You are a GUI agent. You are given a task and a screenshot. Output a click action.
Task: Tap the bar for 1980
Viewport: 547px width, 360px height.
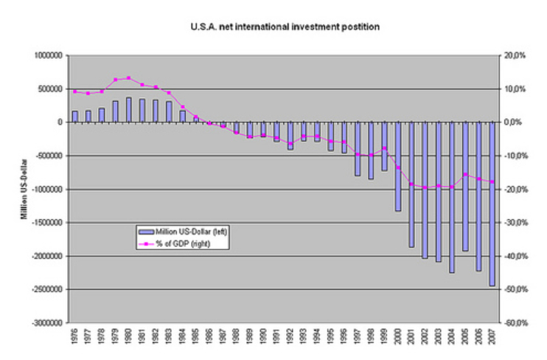(129, 110)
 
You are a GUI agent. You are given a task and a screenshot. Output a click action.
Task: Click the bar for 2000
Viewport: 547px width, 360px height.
(397, 166)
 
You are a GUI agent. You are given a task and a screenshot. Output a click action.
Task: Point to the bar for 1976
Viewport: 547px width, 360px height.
(75, 117)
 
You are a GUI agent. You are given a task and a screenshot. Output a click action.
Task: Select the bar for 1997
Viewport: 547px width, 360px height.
(357, 148)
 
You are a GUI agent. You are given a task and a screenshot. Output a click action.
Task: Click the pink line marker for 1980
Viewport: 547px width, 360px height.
(129, 77)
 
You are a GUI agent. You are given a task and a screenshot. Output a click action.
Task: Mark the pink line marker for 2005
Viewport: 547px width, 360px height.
(464, 174)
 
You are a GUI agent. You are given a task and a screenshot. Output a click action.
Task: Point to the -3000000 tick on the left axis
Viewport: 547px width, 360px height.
(46, 323)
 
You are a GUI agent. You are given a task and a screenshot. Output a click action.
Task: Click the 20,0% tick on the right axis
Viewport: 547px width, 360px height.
(514, 55)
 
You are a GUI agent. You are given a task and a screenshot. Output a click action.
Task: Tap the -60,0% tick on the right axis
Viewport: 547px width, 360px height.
(514, 323)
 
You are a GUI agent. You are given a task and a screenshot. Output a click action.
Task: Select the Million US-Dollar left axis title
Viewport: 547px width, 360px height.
(24, 189)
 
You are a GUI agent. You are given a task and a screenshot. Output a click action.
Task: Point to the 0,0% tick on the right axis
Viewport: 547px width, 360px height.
(514, 122)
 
